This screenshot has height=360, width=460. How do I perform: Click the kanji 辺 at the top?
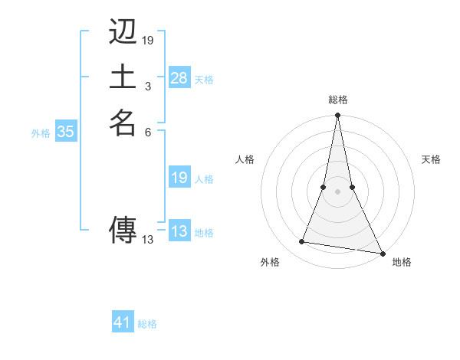coord(123,32)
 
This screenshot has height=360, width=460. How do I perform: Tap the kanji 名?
coord(123,122)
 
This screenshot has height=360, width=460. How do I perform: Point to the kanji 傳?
coord(123,229)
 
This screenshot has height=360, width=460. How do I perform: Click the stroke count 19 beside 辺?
coord(148,40)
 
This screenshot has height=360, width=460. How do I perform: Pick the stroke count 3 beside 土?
coord(147,86)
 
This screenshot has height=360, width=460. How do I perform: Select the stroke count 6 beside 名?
coord(147,131)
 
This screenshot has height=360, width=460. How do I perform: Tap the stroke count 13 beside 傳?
coord(148,239)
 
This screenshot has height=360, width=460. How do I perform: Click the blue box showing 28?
coord(179,78)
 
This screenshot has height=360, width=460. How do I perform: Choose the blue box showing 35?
coord(66,132)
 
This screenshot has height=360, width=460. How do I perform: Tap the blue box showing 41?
coord(123,323)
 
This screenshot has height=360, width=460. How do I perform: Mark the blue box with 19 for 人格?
coord(179,178)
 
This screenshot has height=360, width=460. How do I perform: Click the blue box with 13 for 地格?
coord(179,232)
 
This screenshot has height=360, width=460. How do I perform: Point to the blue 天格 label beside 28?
coord(204,79)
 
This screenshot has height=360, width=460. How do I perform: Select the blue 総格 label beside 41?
coord(147,324)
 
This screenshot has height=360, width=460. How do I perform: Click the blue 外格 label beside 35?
coord(41,133)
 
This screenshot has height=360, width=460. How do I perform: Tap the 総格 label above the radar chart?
coord(337,100)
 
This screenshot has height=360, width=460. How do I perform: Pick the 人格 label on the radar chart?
coord(245,159)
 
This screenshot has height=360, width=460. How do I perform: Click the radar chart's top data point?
coord(337,116)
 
